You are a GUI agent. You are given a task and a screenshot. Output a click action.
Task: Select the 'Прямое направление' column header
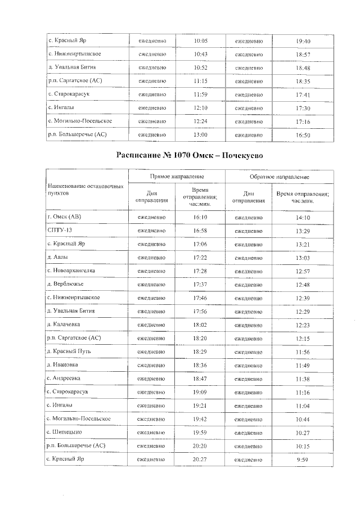click(x=177, y=177)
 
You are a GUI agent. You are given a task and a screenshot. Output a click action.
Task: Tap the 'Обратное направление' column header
click(x=276, y=177)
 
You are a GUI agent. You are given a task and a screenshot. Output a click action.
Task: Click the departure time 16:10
click(x=200, y=217)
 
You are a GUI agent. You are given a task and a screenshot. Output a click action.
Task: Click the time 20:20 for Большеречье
click(x=200, y=445)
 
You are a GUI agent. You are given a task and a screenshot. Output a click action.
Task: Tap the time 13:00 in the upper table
click(x=200, y=135)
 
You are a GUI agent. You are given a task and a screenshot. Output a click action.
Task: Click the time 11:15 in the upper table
click(x=200, y=81)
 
